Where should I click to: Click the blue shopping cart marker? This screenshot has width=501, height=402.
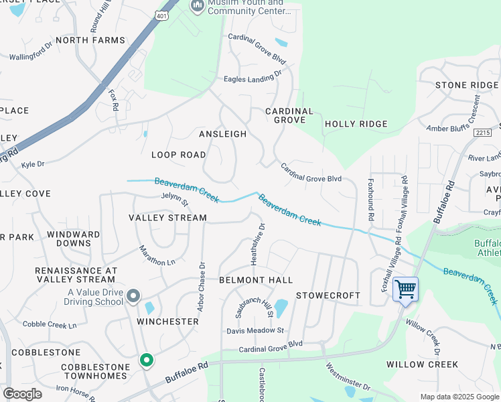pyautogui.click(x=405, y=289)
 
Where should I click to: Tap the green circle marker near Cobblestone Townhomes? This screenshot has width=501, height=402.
pyautogui.click(x=146, y=360)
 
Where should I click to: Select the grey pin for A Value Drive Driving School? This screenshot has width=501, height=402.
pyautogui.click(x=133, y=295)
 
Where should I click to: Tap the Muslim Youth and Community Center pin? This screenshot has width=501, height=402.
pyautogui.click(x=197, y=6)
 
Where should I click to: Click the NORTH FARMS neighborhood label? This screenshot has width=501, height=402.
pyautogui.click(x=90, y=40)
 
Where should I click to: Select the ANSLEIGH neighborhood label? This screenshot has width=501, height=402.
pyautogui.click(x=223, y=134)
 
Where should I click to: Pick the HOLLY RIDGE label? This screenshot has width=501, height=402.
pyautogui.click(x=356, y=124)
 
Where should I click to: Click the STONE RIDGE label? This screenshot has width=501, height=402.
pyautogui.click(x=467, y=85)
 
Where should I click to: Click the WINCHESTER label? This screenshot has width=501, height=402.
pyautogui.click(x=167, y=322)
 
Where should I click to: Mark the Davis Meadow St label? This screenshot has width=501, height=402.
pyautogui.click(x=255, y=330)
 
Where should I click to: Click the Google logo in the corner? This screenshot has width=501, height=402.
pyautogui.click(x=22, y=394)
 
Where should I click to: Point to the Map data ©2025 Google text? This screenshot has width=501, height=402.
pyautogui.click(x=459, y=397)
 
